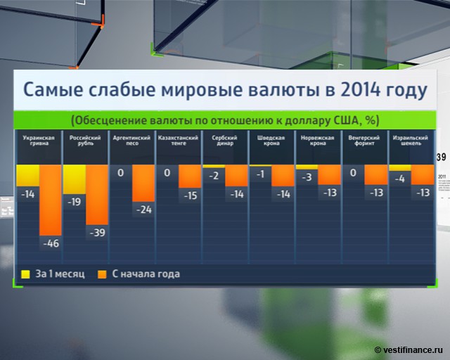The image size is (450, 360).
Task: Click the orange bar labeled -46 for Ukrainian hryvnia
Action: [x=50, y=200]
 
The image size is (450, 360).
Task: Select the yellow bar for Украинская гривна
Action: [x=27, y=175]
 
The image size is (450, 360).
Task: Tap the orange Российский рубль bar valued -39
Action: [x=96, y=195]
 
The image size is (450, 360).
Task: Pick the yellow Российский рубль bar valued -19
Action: [x=74, y=179]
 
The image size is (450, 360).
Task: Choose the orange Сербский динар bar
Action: [x=236, y=175]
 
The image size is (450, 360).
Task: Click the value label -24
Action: [x=143, y=209]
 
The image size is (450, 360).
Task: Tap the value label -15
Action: [x=190, y=195]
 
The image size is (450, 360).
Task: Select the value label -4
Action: [x=399, y=179]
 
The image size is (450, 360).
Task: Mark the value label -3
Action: [x=306, y=177]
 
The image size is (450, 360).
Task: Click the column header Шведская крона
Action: [x=271, y=141]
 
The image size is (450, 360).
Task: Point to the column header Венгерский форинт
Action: [x=364, y=141]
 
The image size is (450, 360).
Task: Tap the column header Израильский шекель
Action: [x=410, y=141]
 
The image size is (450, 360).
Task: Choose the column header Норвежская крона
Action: [x=317, y=141]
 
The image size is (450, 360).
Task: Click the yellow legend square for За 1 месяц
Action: [x=25, y=274]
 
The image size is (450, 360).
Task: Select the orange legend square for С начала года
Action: [x=102, y=274]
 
